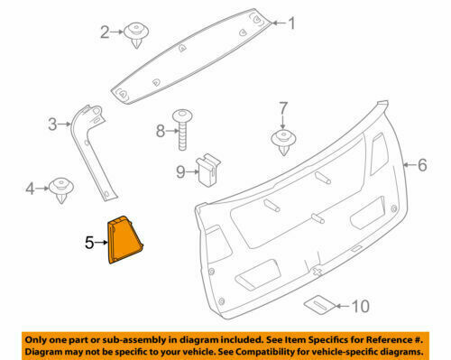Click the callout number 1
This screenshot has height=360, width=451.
click(291, 24)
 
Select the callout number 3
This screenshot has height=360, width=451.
click(52, 125)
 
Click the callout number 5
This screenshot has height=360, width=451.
click(88, 242)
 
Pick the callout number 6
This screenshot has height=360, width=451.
click(420, 165)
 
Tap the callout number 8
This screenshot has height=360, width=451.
click(161, 131)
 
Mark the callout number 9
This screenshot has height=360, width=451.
click(179, 171)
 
